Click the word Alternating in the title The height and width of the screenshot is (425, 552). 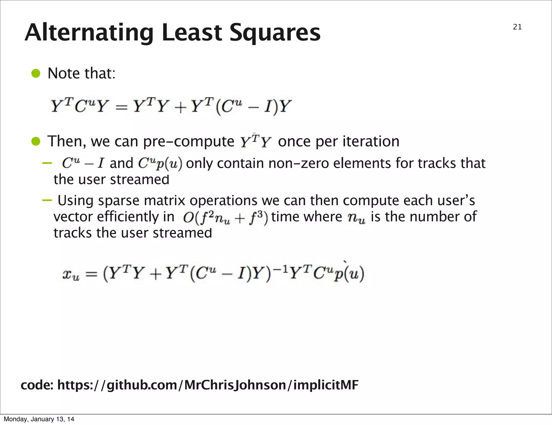pos(89,33)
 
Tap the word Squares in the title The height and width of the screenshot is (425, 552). pos(275,33)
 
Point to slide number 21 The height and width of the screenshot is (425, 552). pos(517,27)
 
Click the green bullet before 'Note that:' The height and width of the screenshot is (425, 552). pos(35,73)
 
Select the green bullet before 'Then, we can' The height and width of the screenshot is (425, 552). pos(35,141)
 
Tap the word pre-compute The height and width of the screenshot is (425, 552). pos(189,142)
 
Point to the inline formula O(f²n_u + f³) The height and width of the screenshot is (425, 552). pos(225,218)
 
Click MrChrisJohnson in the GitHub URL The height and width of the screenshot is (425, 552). pos(235,385)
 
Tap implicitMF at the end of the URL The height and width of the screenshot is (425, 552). pos(326,385)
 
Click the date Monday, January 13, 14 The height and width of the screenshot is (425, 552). pos(39,419)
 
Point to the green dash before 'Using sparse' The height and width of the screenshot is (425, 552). pos(47,200)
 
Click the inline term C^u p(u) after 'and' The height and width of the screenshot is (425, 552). pos(160,164)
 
